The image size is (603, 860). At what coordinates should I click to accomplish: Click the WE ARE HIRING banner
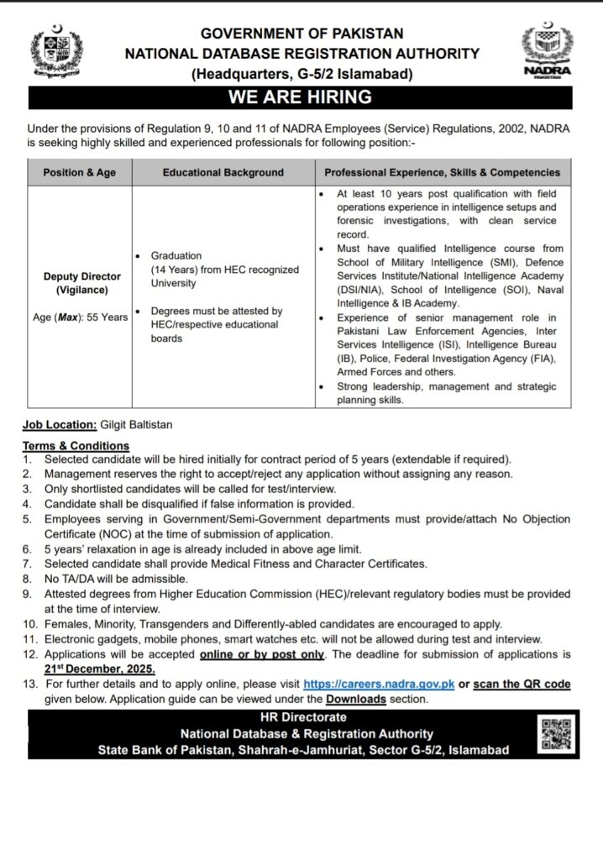pos(301,96)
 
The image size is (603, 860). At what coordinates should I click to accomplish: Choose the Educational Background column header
pos(223,172)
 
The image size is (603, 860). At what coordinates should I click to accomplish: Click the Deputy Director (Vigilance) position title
pos(82,282)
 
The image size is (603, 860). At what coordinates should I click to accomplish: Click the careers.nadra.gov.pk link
pos(379,684)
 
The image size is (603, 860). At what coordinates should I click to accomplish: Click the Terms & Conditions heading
pos(76,446)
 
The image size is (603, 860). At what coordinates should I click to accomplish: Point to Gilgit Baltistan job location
pos(135,425)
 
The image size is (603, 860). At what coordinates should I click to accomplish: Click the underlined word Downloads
pos(356,699)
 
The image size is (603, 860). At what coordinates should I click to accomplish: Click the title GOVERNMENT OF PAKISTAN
pos(301,34)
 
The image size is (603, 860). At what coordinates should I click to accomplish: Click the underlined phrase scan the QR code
pos(522,684)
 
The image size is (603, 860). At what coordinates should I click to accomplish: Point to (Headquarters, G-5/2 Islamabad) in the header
pos(301,73)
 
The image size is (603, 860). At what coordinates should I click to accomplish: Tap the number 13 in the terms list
pos(29,684)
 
